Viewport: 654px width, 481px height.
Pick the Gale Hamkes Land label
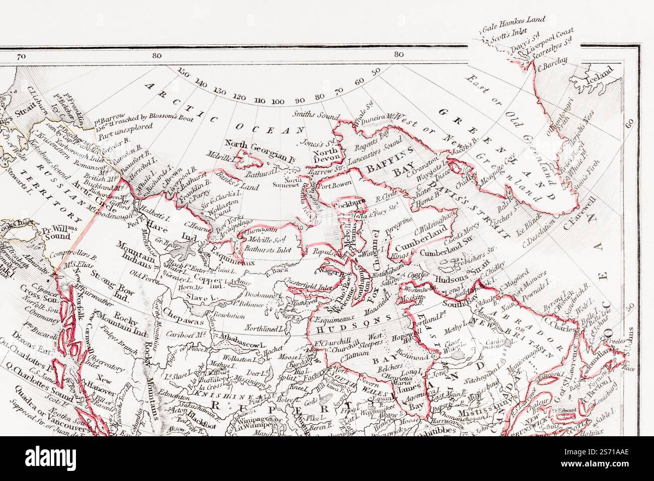pos(513,21)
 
